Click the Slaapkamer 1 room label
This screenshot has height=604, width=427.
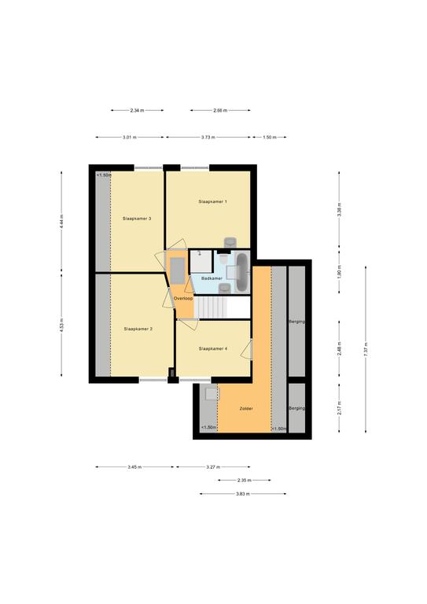212,201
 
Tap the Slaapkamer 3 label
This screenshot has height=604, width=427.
137,219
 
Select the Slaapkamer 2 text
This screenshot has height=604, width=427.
138,329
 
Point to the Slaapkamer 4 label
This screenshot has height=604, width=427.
213,348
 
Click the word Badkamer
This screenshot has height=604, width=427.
212,278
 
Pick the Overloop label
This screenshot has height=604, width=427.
183,299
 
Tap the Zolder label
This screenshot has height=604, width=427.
246,409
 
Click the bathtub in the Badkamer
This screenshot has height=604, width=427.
242,272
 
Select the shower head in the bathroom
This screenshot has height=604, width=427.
200,253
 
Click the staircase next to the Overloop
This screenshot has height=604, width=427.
211,307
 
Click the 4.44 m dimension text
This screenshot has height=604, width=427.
61,223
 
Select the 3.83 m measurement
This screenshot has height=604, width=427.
243,494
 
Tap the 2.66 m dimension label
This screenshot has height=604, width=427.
220,111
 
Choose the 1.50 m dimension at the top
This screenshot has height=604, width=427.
270,137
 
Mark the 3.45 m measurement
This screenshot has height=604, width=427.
134,467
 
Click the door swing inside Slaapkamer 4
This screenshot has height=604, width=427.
246,350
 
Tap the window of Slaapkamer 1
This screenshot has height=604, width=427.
195,168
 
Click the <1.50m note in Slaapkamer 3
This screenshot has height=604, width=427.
103,175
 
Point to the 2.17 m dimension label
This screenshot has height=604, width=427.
339,408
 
